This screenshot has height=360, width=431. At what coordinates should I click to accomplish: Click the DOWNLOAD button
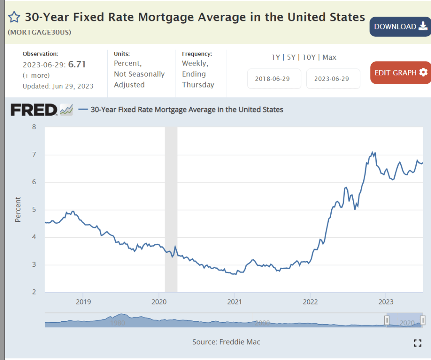point(400,26)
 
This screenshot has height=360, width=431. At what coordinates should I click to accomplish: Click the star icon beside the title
point(14,17)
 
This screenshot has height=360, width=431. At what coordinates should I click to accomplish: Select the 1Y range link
point(276,57)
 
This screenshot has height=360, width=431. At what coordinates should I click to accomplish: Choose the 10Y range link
point(309,57)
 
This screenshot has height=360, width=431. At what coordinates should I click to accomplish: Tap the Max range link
point(330,57)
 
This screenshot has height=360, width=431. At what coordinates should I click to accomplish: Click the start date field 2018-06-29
point(274,79)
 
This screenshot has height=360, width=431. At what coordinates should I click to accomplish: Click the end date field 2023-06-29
point(333,79)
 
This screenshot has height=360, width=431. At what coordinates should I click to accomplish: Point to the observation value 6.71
point(77,64)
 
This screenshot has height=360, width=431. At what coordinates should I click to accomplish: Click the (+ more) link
point(36,75)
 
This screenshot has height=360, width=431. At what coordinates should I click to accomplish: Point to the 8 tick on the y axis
point(34,127)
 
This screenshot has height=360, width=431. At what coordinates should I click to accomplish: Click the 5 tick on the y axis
point(34,209)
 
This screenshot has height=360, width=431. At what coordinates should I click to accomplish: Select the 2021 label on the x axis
point(234,302)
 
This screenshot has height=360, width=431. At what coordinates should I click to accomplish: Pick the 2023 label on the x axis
point(386,302)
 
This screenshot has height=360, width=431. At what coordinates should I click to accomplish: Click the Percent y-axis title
point(18,209)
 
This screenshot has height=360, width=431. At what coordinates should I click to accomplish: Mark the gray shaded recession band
point(171,209)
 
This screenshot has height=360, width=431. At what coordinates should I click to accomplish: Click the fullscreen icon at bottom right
point(417,343)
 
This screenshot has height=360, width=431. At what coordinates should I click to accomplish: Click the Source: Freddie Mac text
point(226,342)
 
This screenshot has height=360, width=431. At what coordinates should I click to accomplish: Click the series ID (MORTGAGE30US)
point(40,32)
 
